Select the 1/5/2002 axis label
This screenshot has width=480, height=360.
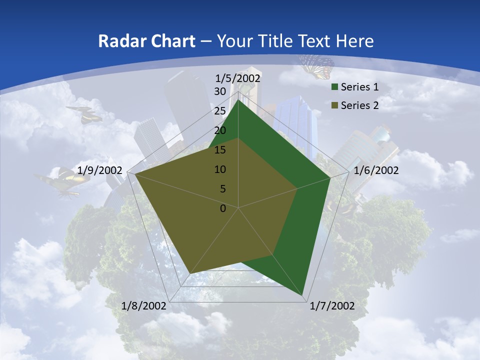point(238,78)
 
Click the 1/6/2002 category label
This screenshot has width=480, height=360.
point(376,170)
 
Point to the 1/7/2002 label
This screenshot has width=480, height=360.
point(332,306)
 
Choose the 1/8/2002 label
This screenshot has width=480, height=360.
point(144,306)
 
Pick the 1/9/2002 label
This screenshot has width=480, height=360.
point(100,170)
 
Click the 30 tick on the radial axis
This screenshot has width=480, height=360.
point(220,91)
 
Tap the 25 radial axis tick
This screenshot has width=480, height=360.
point(220,111)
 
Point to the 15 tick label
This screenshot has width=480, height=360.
point(220,150)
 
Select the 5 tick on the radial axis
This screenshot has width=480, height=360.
point(222,189)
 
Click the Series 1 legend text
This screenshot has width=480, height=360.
point(359,87)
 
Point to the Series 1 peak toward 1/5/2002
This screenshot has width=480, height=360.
point(238,100)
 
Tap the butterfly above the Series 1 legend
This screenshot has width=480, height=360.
point(316,66)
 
